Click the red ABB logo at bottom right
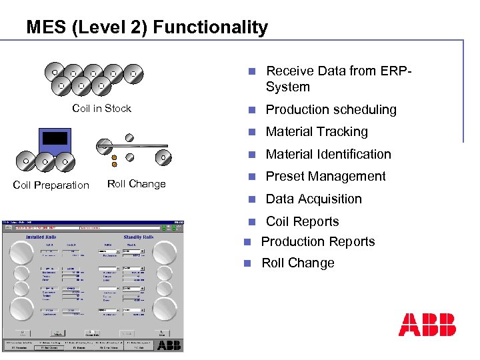427,324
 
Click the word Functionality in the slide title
211,27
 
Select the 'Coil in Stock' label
101,109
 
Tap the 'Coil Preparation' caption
51,185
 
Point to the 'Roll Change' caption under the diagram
136,184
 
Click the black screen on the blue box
55,138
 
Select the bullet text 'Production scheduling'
331,109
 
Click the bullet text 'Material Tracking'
317,132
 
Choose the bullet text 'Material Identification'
328,154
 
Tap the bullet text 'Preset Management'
325,177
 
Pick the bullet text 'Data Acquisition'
313,199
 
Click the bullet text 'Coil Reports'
302,221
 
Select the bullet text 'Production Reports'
318,241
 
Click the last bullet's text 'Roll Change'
297,263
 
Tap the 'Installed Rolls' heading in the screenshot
45,237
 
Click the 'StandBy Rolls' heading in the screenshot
139,237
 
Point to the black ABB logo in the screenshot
169,345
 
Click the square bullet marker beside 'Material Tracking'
251,132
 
